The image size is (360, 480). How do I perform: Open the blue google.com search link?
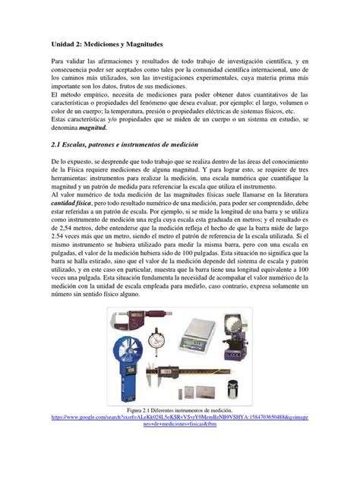[x=179, y=439]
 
